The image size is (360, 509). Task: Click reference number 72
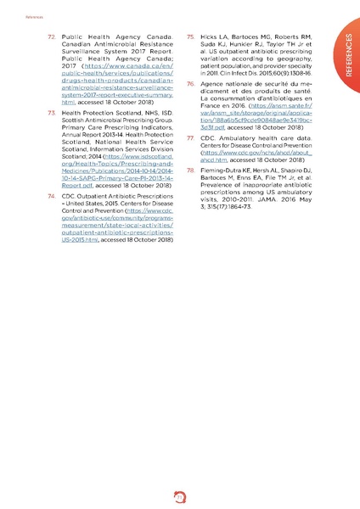51,38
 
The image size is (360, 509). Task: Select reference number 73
51,113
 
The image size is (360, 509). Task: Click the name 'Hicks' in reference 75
208,38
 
